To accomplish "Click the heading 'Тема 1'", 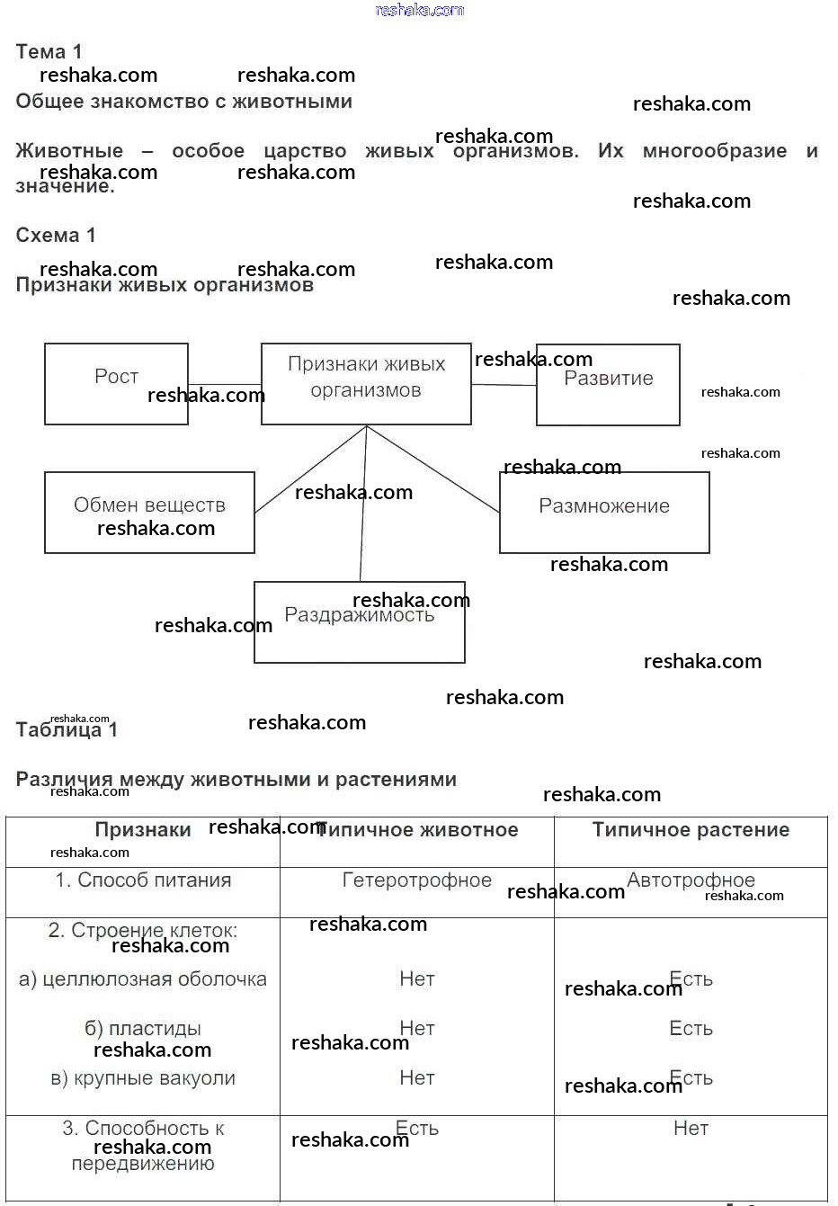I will coord(49,51).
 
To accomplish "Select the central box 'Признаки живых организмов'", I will coord(366,378).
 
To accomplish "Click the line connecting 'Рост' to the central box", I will coord(225,385).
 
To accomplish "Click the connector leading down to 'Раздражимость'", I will coord(363,504).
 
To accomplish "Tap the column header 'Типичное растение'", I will coord(691,830).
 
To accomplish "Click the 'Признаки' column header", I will coord(143,830).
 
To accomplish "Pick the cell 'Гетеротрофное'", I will coord(416,880).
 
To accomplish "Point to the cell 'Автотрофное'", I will coord(691,880).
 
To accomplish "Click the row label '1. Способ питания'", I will coord(143,880).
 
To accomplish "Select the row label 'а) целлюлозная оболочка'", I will coord(143,979).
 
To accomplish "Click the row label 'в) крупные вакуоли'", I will coord(143,1078).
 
